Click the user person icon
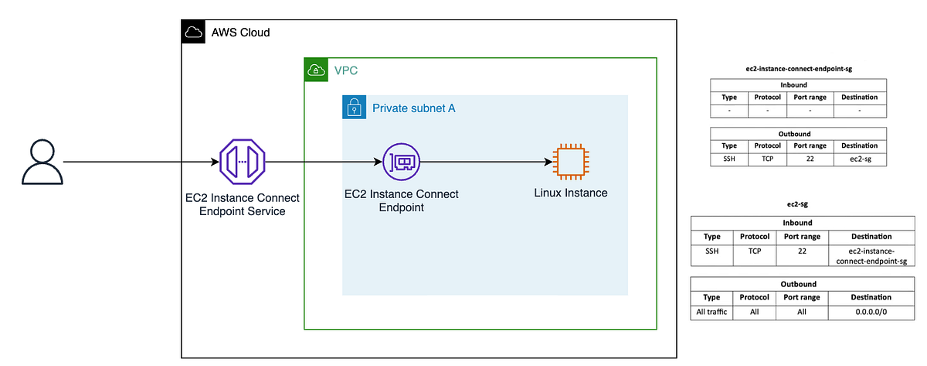(42, 163)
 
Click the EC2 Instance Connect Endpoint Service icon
(243, 162)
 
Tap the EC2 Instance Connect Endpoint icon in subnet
(400, 162)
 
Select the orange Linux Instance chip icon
(570, 162)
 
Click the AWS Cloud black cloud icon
(193, 32)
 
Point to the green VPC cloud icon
(315, 70)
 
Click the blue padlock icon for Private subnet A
(354, 108)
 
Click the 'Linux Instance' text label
(570, 193)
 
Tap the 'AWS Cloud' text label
(240, 33)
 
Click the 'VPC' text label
(345, 70)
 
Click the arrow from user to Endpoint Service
(139, 162)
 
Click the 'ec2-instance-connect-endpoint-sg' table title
(798, 68)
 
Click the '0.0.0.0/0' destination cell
(871, 313)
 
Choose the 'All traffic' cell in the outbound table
(712, 313)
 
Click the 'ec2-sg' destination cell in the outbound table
(859, 159)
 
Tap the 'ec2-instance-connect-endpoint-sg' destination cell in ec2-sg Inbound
(871, 256)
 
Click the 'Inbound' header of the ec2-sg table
(803, 223)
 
